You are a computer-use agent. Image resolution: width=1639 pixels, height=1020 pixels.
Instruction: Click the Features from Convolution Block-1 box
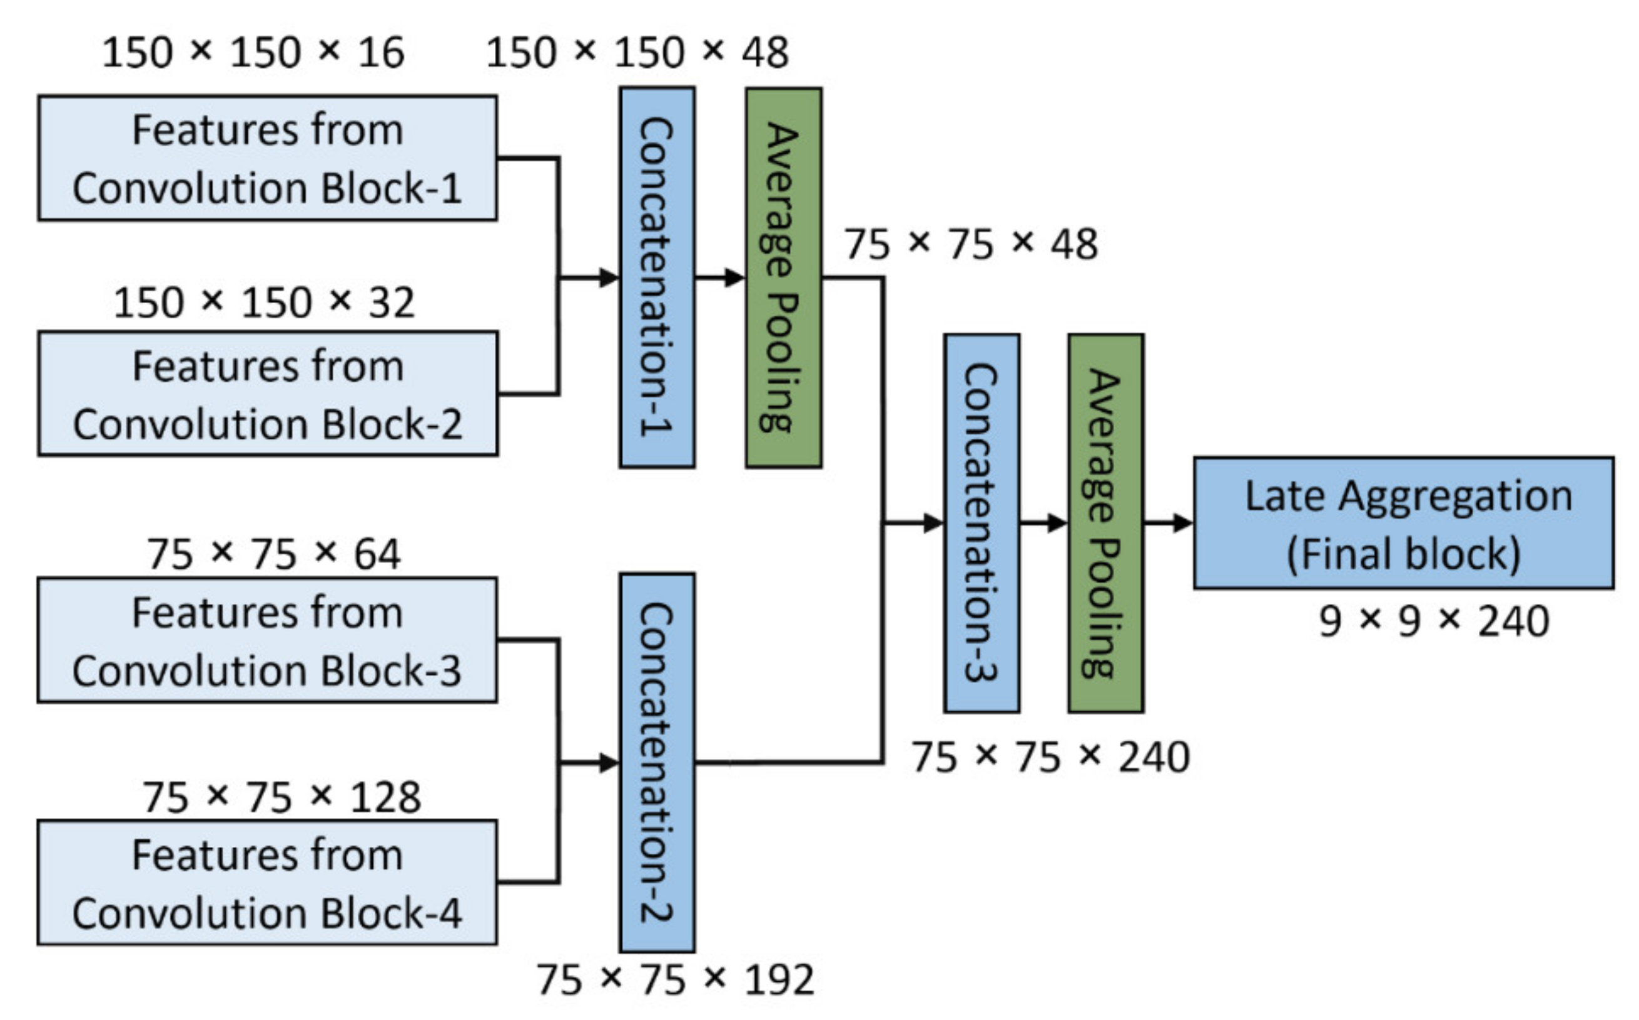pyautogui.click(x=267, y=158)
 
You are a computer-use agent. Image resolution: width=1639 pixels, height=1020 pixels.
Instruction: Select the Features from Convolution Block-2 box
pyautogui.click(x=267, y=393)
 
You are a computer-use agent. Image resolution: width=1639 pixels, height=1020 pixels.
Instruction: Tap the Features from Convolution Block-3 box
pyautogui.click(x=267, y=640)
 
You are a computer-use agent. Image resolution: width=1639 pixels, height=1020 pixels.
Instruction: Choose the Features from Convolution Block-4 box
pyautogui.click(x=267, y=882)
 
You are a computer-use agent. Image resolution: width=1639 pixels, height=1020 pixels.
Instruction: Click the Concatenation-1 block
pyautogui.click(x=657, y=277)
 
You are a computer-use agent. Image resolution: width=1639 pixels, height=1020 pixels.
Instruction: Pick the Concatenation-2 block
pyautogui.click(x=657, y=762)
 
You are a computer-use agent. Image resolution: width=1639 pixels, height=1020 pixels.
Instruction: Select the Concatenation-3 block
pyautogui.click(x=982, y=523)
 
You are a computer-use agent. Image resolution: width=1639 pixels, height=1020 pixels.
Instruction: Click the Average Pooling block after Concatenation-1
pyautogui.click(x=783, y=277)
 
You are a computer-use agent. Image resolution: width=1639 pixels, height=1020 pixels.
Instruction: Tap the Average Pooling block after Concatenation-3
pyautogui.click(x=1106, y=523)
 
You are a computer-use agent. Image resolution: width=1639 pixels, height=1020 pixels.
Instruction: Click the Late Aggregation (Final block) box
pyautogui.click(x=1403, y=524)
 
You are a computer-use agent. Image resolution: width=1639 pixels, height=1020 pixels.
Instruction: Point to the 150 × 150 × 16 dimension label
pyautogui.click(x=253, y=52)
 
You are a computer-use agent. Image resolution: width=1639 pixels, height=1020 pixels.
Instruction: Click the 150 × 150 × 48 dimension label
pyautogui.click(x=637, y=52)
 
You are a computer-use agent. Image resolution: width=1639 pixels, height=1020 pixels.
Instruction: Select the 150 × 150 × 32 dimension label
pyautogui.click(x=264, y=302)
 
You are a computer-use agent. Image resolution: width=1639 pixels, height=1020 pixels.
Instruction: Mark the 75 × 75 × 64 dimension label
pyautogui.click(x=274, y=554)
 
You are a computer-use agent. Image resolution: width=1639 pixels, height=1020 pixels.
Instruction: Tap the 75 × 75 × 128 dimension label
pyautogui.click(x=282, y=797)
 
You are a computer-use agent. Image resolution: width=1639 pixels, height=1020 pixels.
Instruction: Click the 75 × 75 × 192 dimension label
pyautogui.click(x=675, y=979)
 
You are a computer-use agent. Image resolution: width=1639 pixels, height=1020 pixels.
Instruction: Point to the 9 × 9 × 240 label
pyautogui.click(x=1434, y=621)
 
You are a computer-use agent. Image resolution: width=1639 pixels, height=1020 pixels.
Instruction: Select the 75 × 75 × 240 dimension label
pyautogui.click(x=1050, y=757)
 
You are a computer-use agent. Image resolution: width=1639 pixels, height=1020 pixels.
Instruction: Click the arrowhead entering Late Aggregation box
pyautogui.click(x=1183, y=523)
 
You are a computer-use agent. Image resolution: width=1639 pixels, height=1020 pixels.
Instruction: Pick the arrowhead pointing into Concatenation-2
pyautogui.click(x=609, y=763)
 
